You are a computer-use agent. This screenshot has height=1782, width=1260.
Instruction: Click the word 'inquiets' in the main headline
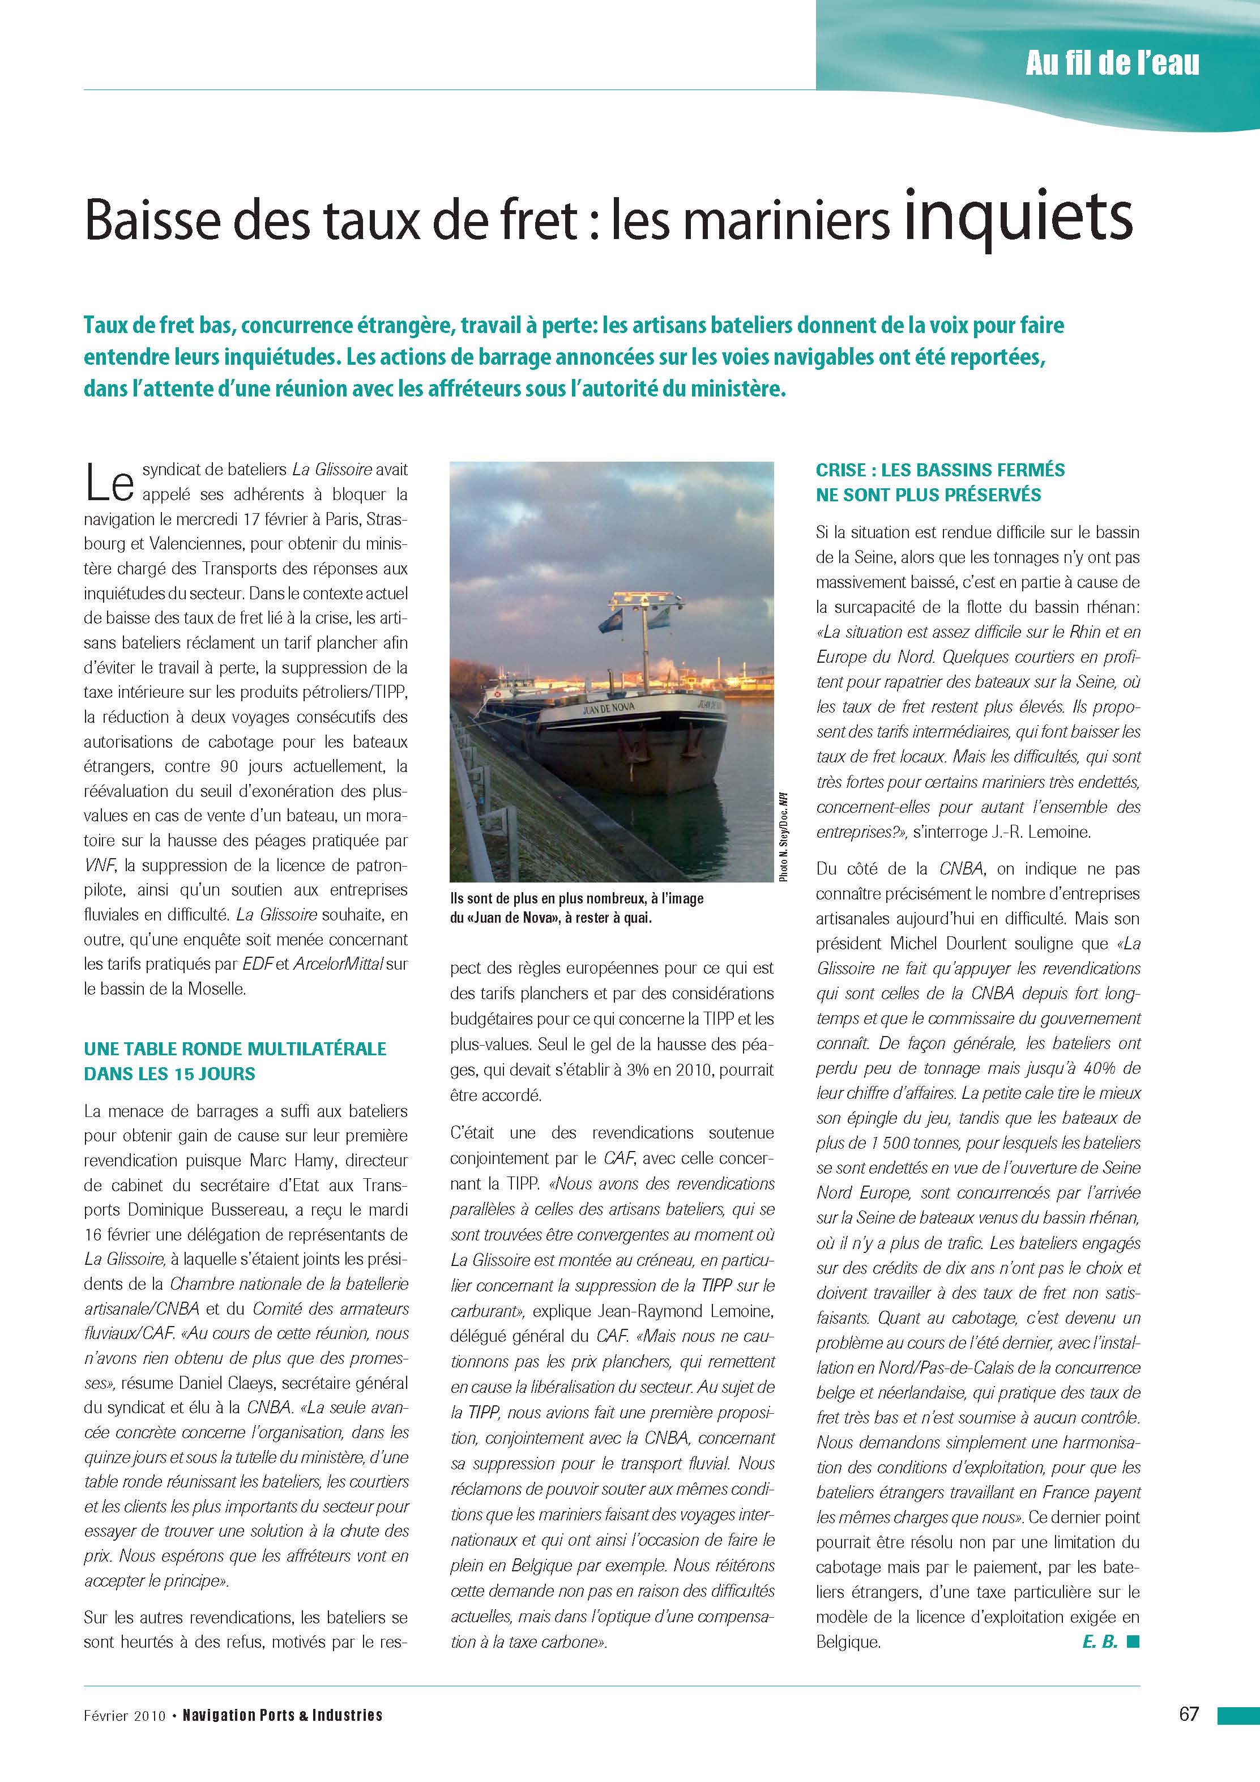pyautogui.click(x=1019, y=220)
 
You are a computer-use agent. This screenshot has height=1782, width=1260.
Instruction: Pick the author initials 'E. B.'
pyautogui.click(x=1099, y=1663)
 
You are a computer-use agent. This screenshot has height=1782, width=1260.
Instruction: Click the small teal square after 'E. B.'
pyautogui.click(x=1134, y=1662)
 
